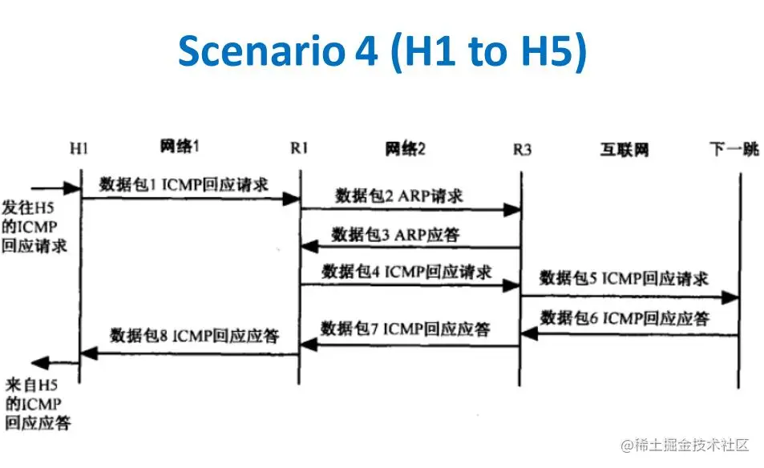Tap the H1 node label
tap(79, 148)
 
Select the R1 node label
tap(300, 148)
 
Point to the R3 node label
tap(522, 150)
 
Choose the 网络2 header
tap(405, 148)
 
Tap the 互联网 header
tap(625, 150)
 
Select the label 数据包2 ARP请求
tap(398, 196)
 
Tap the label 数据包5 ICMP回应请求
tap(624, 279)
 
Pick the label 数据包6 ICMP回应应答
tap(625, 318)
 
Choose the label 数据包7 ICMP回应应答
tap(406, 328)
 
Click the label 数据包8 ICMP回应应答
tap(194, 335)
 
